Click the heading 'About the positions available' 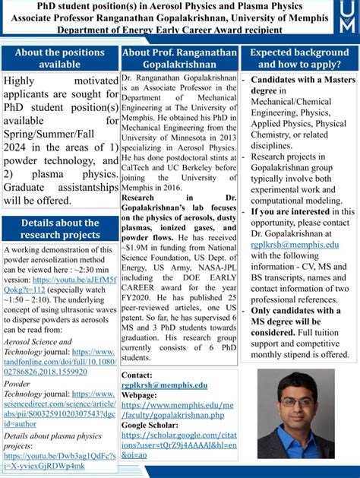coord(60,59)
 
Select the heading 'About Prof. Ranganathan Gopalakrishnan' coord(179,59)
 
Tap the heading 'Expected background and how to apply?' coord(298,59)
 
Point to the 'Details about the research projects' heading coord(60,230)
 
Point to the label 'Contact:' coord(137,375)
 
